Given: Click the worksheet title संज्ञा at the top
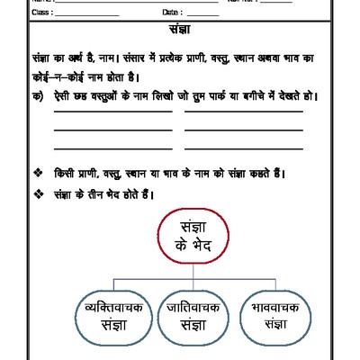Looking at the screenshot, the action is click(x=180, y=29).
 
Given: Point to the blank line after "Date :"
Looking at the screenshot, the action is click(x=203, y=13).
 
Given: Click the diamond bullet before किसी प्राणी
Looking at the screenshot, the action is click(x=37, y=174).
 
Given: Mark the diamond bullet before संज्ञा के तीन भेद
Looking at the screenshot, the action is click(x=37, y=193).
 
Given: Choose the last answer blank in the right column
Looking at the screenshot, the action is click(x=243, y=148).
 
